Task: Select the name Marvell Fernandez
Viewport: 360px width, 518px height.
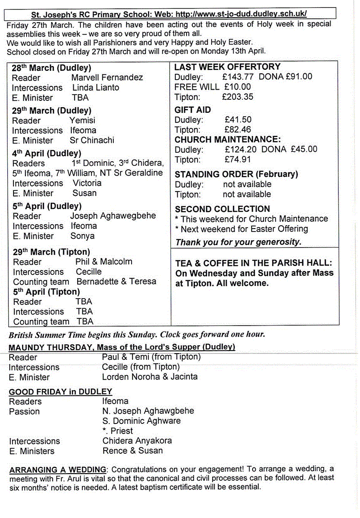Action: pos(107,77)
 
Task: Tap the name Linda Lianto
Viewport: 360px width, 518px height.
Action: pos(95,87)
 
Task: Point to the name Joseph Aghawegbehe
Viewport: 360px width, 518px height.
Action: pos(113,216)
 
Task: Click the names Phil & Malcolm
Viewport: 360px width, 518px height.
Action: pos(104,261)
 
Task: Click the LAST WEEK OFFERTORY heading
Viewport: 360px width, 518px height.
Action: pos(227,67)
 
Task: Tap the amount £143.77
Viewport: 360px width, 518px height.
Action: pos(238,77)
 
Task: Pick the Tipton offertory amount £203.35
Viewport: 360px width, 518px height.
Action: pos(238,97)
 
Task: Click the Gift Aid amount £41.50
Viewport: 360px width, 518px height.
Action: pos(238,120)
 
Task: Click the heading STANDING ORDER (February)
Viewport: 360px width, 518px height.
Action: pos(236,174)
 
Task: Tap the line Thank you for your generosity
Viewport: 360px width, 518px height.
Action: pos(238,242)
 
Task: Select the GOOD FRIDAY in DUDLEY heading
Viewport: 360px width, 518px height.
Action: pos(60,392)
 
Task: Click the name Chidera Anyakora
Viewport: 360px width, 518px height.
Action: pos(137,441)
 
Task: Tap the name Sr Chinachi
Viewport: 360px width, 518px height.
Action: pos(92,140)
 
